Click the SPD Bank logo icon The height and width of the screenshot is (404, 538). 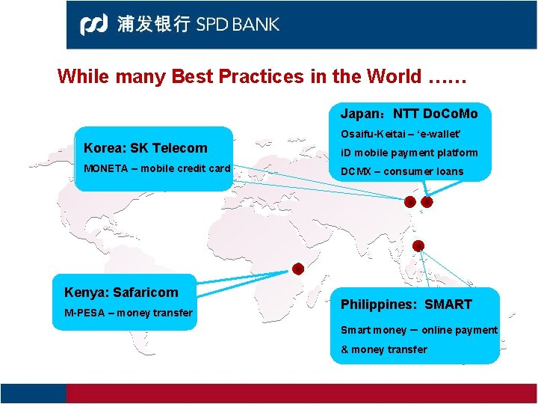tap(96, 24)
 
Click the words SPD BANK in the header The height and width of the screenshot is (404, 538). tap(238, 24)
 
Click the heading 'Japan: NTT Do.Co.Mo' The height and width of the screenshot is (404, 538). tap(409, 114)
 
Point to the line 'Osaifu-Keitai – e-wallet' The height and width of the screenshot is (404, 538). tap(401, 134)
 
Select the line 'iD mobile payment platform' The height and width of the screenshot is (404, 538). tap(409, 153)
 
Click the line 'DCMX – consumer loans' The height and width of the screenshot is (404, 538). tap(402, 171)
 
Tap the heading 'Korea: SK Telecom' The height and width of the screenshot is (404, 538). tap(146, 148)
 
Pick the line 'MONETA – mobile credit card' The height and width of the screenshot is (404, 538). tap(157, 168)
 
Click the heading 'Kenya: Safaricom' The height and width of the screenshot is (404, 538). tap(121, 292)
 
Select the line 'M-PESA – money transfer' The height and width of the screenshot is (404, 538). tap(128, 312)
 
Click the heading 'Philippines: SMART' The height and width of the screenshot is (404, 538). tap(406, 304)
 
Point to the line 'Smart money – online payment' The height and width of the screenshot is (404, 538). tap(418, 330)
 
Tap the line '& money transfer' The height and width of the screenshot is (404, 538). tap(384, 349)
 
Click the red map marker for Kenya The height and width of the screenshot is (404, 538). tap(297, 269)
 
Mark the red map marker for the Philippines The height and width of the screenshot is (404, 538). tap(418, 245)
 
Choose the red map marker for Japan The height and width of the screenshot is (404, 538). tap(427, 202)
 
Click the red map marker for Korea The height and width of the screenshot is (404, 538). tap(409, 202)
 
